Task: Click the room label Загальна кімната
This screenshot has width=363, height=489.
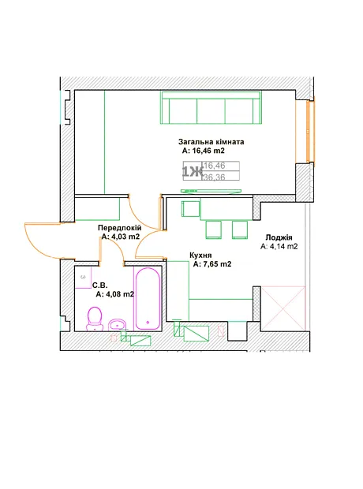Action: click(x=211, y=142)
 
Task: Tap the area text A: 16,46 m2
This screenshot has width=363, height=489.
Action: click(x=203, y=151)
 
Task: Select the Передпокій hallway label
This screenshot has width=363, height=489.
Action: click(x=119, y=228)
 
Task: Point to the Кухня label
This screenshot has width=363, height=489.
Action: click(x=200, y=256)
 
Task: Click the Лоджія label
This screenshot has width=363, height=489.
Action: click(x=279, y=237)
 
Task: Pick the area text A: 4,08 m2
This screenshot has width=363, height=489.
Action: click(x=115, y=294)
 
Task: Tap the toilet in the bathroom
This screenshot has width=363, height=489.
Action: click(x=95, y=319)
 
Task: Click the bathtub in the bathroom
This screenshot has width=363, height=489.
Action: click(x=148, y=299)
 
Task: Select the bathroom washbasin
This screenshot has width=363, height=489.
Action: click(x=117, y=325)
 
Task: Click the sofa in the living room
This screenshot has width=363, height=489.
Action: click(x=211, y=107)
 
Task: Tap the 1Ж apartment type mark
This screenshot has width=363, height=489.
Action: click(x=193, y=172)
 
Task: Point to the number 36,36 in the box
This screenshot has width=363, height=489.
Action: click(x=215, y=177)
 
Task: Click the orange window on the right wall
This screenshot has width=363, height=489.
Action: click(x=310, y=132)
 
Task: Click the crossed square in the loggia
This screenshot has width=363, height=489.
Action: click(x=283, y=308)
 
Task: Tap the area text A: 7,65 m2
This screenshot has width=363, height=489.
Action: click(x=212, y=264)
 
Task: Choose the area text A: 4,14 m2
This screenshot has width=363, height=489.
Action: click(x=279, y=246)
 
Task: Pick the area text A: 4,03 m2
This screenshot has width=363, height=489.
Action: click(x=121, y=237)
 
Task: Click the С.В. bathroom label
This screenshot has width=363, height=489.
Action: click(x=100, y=286)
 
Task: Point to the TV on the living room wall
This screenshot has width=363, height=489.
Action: click(x=211, y=191)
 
